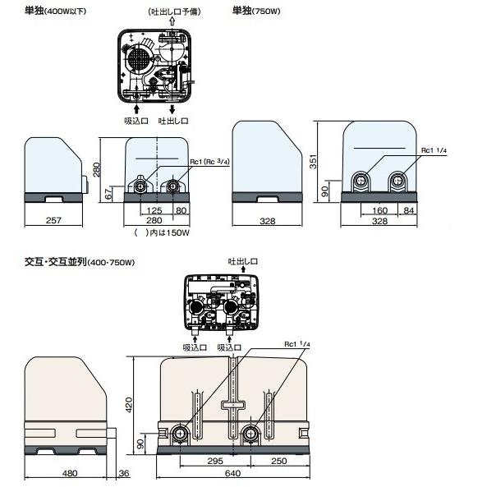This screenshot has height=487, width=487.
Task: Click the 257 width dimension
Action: tap(54, 222)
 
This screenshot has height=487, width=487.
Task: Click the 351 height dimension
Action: tap(314, 162)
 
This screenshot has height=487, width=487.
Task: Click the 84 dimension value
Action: tap(407, 210)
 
